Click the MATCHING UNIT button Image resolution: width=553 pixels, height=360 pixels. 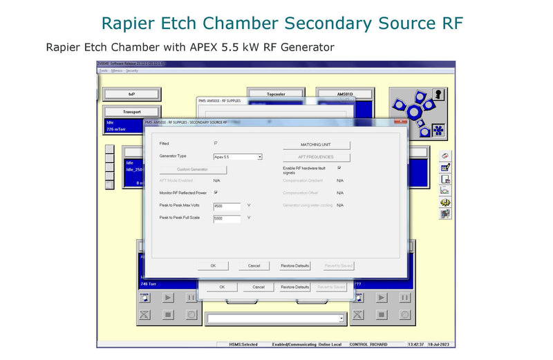(316, 145)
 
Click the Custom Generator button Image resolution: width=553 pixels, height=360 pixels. (192, 169)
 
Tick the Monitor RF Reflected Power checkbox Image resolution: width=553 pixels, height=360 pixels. (216, 193)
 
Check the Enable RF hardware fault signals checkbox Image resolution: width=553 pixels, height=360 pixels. (339, 168)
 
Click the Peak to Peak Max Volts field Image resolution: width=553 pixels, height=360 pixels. (227, 206)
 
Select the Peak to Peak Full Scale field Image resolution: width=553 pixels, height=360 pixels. (227, 218)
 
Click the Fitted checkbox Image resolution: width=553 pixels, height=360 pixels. (216, 144)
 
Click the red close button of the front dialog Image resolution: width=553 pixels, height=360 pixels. (400, 122)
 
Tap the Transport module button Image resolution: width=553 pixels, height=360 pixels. (131, 111)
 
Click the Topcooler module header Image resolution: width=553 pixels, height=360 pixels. (276, 94)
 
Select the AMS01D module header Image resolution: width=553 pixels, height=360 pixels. (344, 94)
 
